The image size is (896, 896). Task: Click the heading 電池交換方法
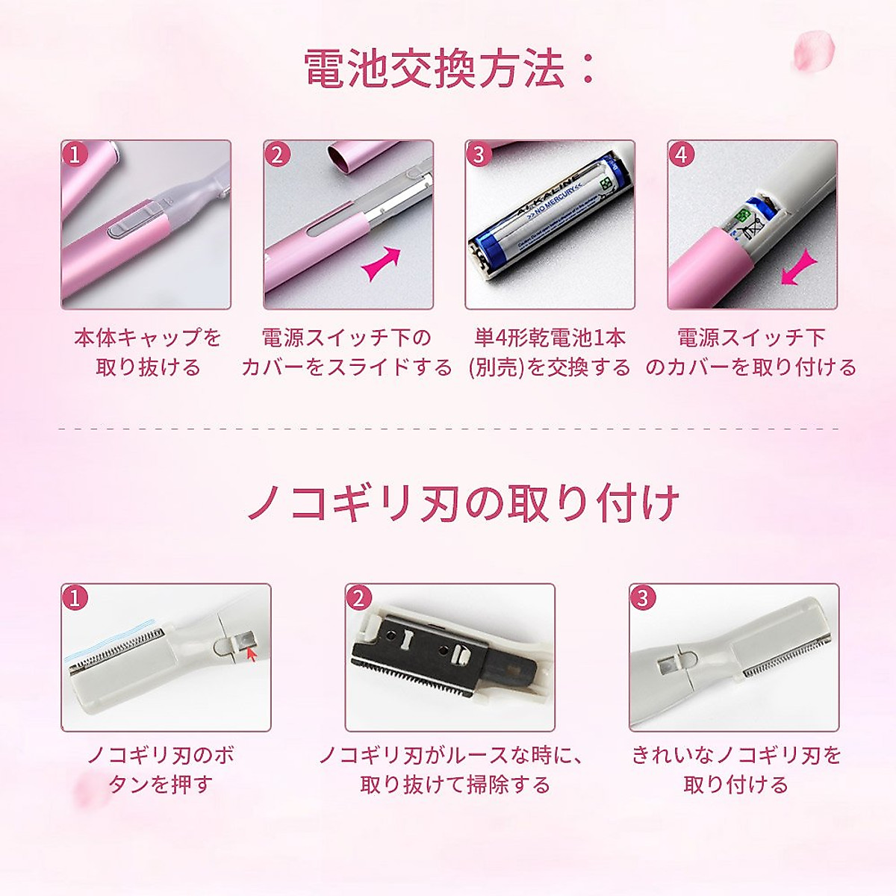[448, 70]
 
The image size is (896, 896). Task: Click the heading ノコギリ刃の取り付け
[463, 503]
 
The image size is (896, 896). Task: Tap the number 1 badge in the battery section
[75, 155]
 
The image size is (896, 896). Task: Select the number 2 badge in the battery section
[278, 155]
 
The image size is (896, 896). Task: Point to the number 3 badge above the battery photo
[479, 155]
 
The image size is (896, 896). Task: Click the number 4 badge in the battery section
[681, 155]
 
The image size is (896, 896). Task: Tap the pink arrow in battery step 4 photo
[797, 268]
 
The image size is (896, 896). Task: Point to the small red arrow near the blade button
[251, 655]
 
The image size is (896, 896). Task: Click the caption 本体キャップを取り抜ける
[148, 352]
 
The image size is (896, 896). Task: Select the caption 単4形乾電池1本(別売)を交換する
[550, 352]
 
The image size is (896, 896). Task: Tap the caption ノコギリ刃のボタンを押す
[161, 769]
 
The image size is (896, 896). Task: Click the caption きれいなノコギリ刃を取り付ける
[736, 769]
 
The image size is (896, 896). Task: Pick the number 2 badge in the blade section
[359, 597]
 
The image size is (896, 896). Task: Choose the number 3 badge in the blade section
[642, 597]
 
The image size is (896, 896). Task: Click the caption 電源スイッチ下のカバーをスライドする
[346, 352]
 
